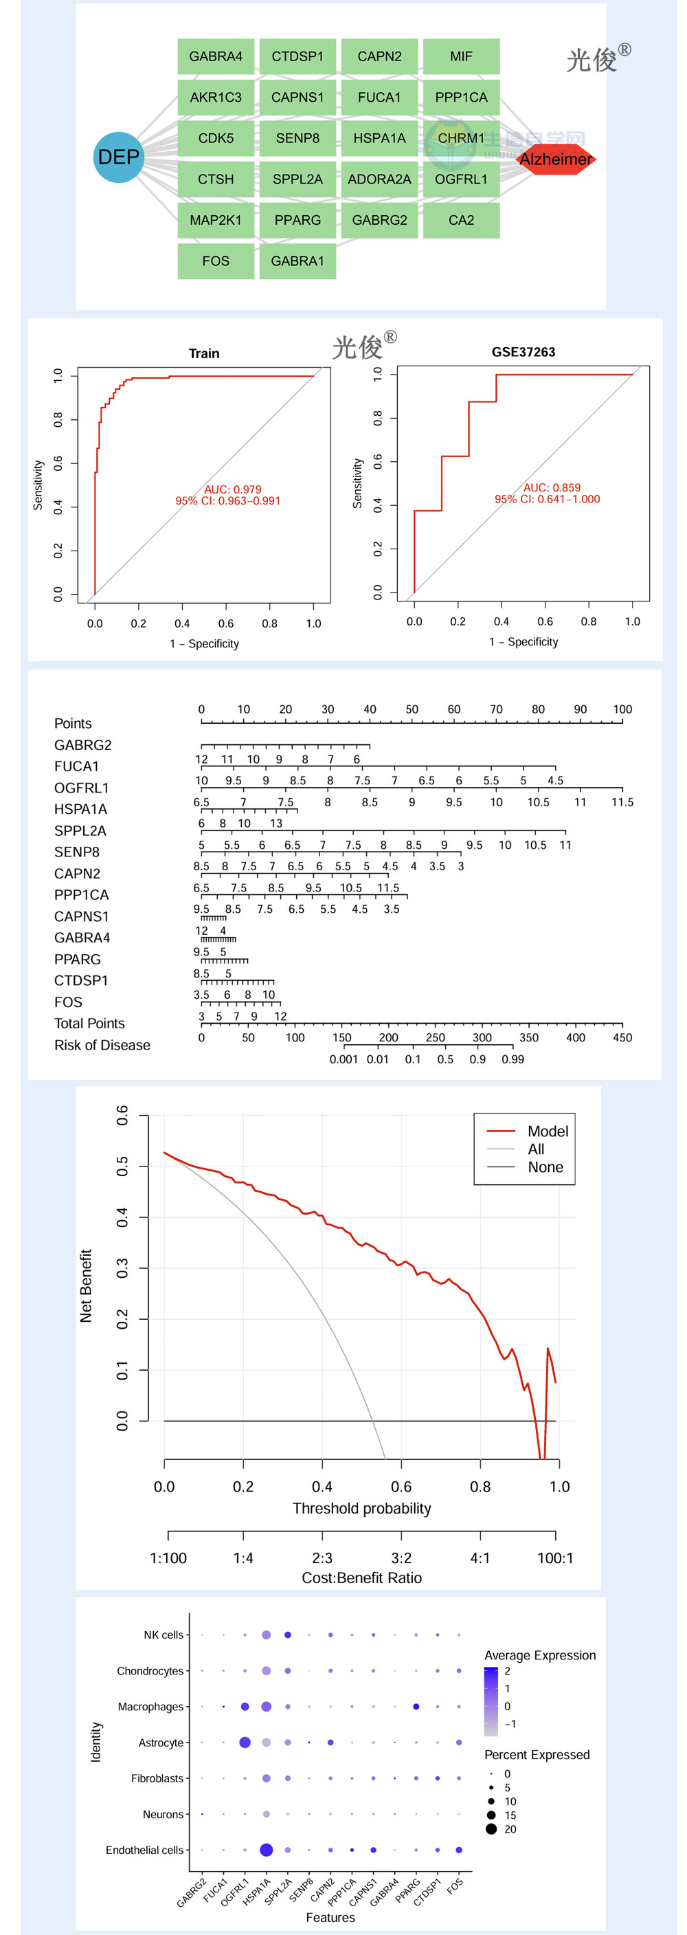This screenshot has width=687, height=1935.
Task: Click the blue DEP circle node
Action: tap(119, 157)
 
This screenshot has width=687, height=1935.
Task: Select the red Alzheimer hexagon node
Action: tap(556, 159)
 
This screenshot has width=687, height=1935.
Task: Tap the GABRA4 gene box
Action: tap(216, 56)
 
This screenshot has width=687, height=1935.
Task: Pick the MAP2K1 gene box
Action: tap(216, 220)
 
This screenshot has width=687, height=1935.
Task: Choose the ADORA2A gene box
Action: tap(379, 179)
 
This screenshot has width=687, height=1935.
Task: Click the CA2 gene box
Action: tap(461, 220)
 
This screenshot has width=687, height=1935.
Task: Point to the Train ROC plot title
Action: tap(204, 353)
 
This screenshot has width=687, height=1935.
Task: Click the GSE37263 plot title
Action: tap(523, 351)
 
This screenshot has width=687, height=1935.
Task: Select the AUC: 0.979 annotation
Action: tap(233, 489)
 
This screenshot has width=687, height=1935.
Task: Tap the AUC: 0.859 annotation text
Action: tap(552, 487)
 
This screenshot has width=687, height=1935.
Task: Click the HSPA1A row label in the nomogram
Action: tap(80, 809)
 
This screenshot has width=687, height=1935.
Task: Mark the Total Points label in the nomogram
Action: tap(89, 1023)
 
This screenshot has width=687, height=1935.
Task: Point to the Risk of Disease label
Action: tap(102, 1045)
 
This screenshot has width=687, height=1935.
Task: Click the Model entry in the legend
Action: tap(548, 1131)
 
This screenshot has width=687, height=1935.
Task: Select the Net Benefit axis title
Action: tap(87, 1285)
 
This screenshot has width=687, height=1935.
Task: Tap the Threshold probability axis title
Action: tap(362, 1508)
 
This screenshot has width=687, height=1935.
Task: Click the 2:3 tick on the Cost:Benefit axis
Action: tap(322, 1558)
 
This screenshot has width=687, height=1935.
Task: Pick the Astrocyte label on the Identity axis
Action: tap(161, 1742)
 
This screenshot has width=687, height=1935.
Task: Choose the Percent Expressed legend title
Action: tap(537, 1755)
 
